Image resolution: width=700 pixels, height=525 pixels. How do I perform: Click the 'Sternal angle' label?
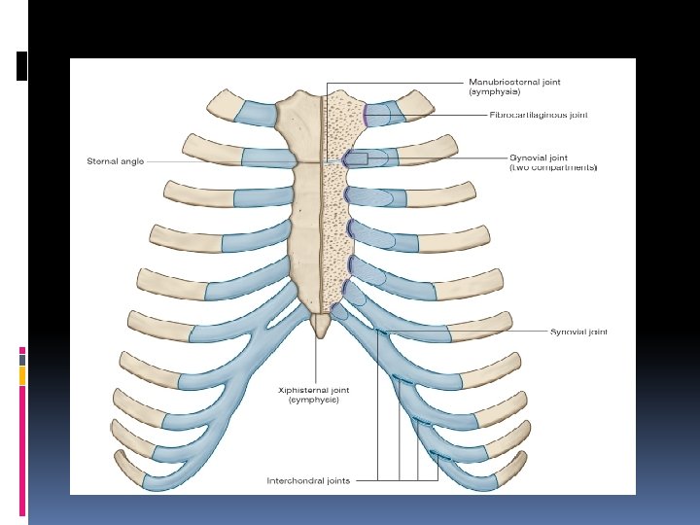[117, 161]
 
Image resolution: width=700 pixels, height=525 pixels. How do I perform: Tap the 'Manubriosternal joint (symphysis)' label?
[514, 87]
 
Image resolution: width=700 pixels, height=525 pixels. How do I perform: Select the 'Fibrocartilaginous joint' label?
[539, 115]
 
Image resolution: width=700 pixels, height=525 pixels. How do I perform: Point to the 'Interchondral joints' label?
[309, 479]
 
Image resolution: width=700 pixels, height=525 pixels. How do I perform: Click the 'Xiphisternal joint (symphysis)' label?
[313, 395]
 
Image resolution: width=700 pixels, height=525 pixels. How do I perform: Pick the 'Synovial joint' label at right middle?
[578, 332]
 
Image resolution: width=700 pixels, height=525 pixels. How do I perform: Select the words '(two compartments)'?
[553, 168]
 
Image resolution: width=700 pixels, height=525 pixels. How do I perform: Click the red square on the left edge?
[21, 351]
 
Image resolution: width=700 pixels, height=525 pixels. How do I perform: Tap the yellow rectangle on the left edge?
[21, 374]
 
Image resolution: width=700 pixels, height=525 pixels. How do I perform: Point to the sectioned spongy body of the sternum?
[334, 224]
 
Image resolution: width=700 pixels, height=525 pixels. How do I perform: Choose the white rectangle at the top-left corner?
[21, 65]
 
